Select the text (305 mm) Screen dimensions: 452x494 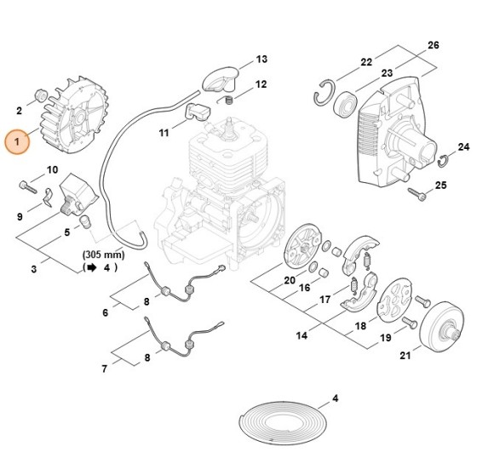[104, 255]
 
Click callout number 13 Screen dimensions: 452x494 [261, 60]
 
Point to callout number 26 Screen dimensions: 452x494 [433, 44]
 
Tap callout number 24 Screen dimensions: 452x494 [463, 147]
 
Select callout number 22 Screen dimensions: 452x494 [366, 62]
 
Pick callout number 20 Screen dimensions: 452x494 [290, 280]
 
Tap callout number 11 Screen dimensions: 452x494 [164, 133]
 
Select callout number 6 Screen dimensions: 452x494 [105, 312]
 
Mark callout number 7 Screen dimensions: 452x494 [105, 369]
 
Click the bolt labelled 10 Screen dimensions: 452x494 [26, 183]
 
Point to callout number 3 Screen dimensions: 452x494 [33, 270]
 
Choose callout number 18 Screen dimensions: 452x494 [360, 326]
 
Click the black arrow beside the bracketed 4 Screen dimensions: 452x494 [89, 267]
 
